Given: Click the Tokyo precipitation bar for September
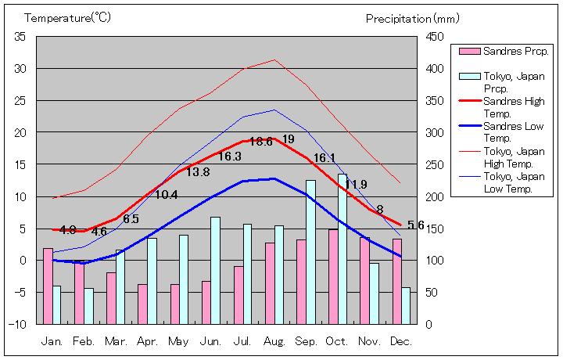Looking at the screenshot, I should coord(310,252).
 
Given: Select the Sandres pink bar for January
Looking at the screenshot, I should coord(48,286).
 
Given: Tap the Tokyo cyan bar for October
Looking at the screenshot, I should coord(342,249).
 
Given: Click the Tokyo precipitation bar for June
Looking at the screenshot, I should coord(215,270).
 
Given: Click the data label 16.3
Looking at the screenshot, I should coord(229,157).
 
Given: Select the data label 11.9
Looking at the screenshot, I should coord(356,185).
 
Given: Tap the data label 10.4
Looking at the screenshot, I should coord(166,195).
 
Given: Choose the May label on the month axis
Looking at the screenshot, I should coord(179,341).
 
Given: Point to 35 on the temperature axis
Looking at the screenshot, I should coord(20,37).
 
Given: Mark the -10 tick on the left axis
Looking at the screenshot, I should coord(19,324).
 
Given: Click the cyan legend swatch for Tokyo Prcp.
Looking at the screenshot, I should coord(468,76).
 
